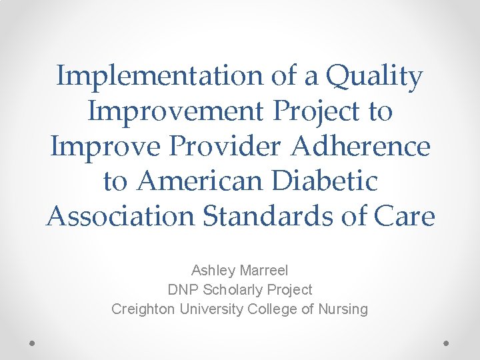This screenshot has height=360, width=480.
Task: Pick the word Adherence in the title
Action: [x=360, y=146]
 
